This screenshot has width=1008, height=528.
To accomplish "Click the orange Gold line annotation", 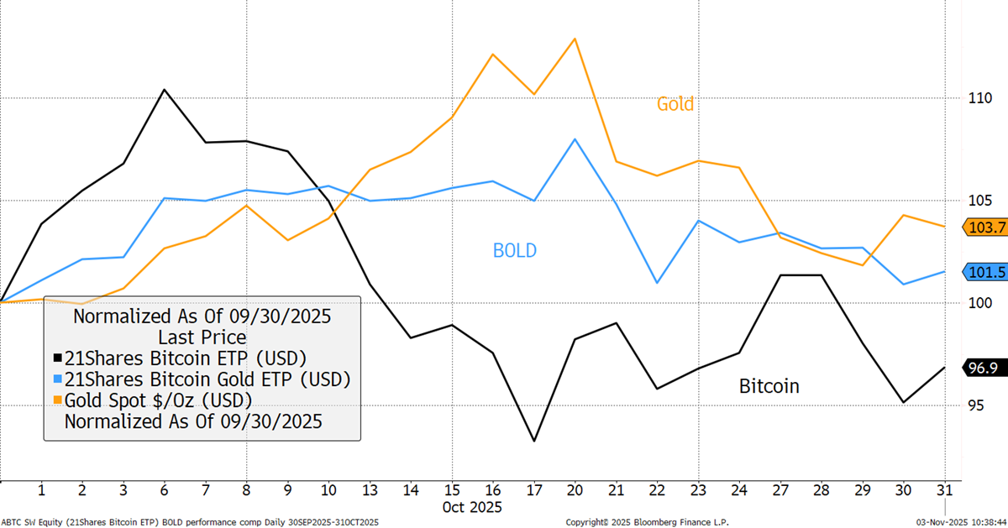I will [675, 104].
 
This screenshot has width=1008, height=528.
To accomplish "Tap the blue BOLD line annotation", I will [514, 250].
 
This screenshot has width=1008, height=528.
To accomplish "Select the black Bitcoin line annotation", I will [769, 386].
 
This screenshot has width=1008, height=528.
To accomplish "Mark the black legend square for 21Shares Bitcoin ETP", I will [57, 358].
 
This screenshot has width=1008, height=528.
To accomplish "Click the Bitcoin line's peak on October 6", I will [165, 90].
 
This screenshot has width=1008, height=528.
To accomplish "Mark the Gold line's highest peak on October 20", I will [575, 39].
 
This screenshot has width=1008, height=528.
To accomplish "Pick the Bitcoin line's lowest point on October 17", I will [534, 441].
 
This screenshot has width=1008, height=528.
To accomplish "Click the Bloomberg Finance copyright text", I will [647, 522].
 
